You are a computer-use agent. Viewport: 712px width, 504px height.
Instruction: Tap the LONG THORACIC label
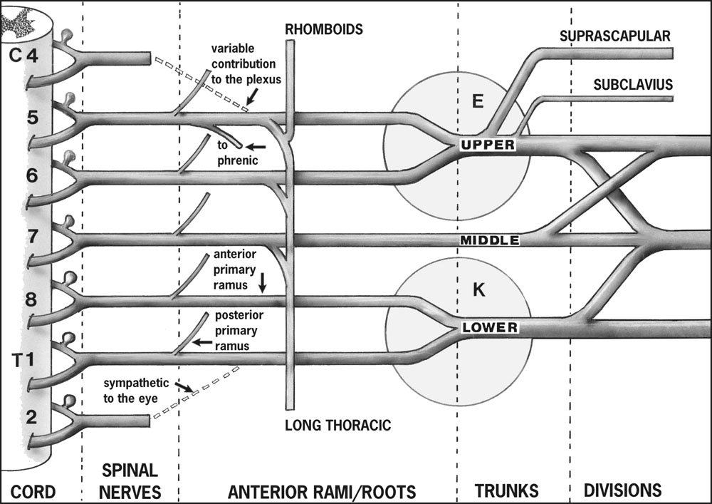338,426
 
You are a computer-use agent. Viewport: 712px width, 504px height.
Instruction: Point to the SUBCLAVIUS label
633,85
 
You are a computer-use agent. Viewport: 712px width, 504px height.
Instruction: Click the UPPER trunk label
487,145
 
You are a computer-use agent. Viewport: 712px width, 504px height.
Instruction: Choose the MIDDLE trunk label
490,240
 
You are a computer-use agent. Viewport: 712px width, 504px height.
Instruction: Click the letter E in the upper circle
478,101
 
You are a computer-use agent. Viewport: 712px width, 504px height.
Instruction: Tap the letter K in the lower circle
478,289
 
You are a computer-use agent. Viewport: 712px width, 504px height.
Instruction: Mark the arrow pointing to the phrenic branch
257,147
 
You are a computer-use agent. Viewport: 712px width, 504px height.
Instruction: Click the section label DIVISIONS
622,490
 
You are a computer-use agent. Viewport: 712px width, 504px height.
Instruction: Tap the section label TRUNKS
507,490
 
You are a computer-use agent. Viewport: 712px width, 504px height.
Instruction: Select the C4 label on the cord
23,56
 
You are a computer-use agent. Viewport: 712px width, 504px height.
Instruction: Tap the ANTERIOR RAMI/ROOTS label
321,491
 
